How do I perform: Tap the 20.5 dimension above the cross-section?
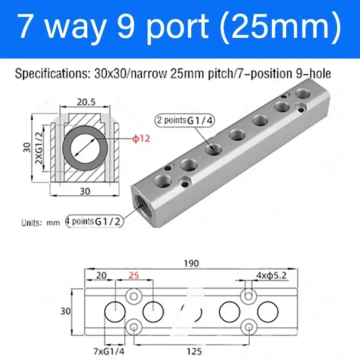tap(85, 102)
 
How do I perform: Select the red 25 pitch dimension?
tap(133, 274)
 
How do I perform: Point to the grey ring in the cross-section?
tap(85, 148)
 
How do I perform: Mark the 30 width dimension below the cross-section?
tap(85, 191)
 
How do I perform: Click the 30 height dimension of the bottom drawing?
tap(66, 310)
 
